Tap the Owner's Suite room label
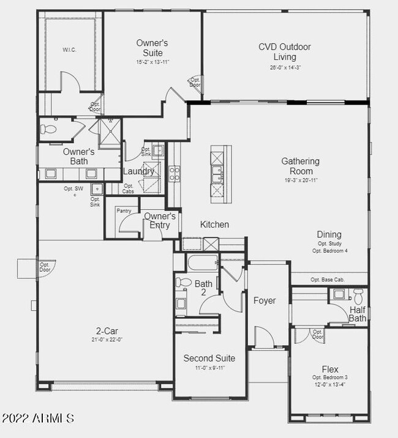pos(152,48)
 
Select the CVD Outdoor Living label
pos(284,52)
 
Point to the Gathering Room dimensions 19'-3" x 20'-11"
pos(301,180)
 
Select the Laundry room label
pos(139,172)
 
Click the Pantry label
pos(124,210)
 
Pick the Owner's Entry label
pos(160,221)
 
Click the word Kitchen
pos(214,225)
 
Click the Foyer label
pos(265,300)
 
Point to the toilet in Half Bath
pos(359,297)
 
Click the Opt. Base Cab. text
pos(328,280)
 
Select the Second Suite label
pos(209,358)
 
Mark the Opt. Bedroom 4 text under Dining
pos(330,251)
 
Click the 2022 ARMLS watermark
pos(38,418)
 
